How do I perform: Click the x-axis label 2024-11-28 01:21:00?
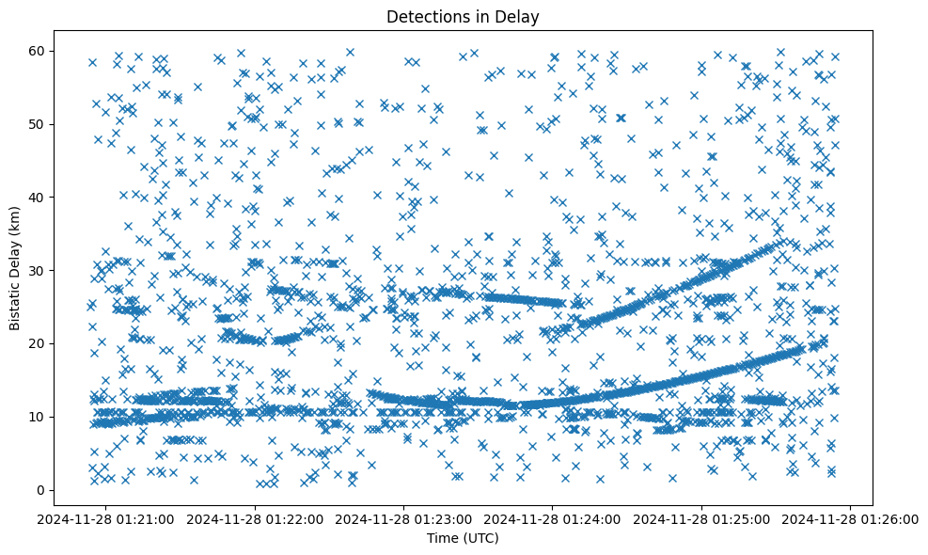[105, 518]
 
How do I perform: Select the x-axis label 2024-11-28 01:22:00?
[255, 518]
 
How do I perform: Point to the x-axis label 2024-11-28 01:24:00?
[553, 518]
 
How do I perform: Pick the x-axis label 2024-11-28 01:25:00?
[702, 518]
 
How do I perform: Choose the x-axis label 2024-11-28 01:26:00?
[852, 518]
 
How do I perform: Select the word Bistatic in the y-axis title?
[16, 303]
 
